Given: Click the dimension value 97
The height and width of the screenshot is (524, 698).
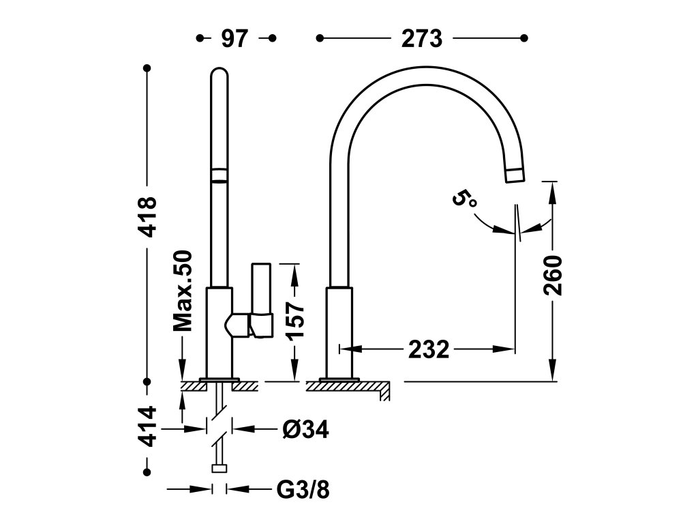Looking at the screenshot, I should pos(234,39).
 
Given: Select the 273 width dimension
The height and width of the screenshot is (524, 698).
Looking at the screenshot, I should pos(422,39).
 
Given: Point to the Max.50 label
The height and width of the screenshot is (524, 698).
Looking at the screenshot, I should pos(183,291).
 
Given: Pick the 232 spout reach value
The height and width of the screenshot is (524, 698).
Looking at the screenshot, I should pos(429,349).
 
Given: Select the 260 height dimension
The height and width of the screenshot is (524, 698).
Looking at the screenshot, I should pos(553,274).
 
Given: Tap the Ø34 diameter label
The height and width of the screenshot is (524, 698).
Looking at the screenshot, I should pos(305,429).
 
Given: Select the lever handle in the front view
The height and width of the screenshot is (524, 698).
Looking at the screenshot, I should pos(260,300).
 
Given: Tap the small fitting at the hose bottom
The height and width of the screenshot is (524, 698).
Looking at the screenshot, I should pos(219,468).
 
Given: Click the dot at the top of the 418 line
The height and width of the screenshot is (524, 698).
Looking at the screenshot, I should pos(147,69).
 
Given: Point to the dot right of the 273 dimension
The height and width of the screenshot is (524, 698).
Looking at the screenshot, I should pos(524,38).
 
